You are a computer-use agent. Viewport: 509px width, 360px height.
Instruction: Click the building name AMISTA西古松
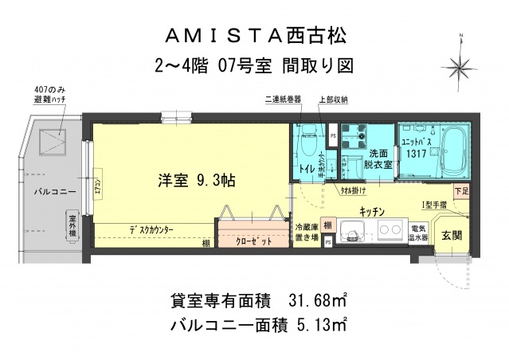click(256, 36)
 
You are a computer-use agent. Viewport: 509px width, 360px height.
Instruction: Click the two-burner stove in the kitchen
click(390, 233)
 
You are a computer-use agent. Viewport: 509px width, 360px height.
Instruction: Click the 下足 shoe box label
click(461, 191)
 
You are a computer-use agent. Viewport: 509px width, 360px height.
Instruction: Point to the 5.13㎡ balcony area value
click(319, 324)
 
